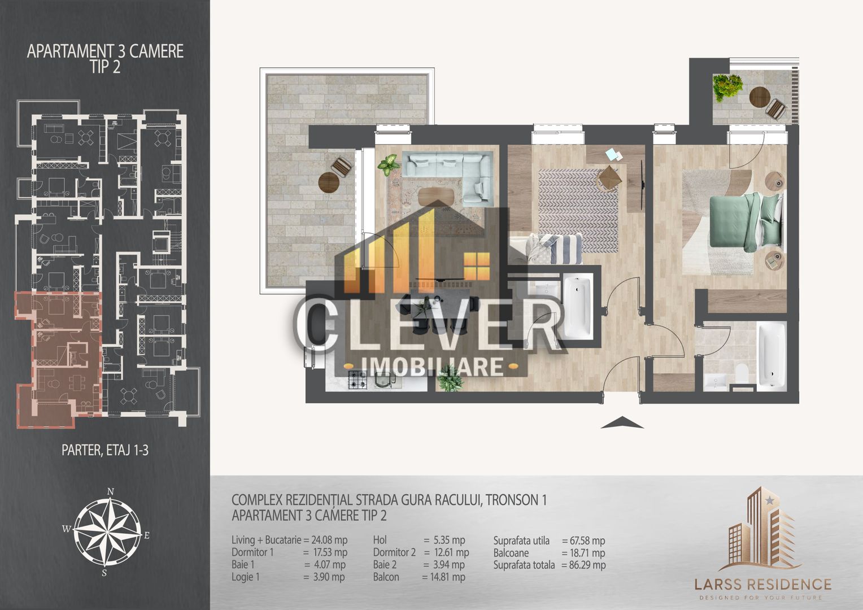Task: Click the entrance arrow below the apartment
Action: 622,422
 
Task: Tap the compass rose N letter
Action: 111,491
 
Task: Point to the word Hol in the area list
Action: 380,540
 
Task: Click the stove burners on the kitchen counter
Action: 358,380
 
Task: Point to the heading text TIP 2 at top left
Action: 106,67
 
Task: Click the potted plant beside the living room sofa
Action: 388,166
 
